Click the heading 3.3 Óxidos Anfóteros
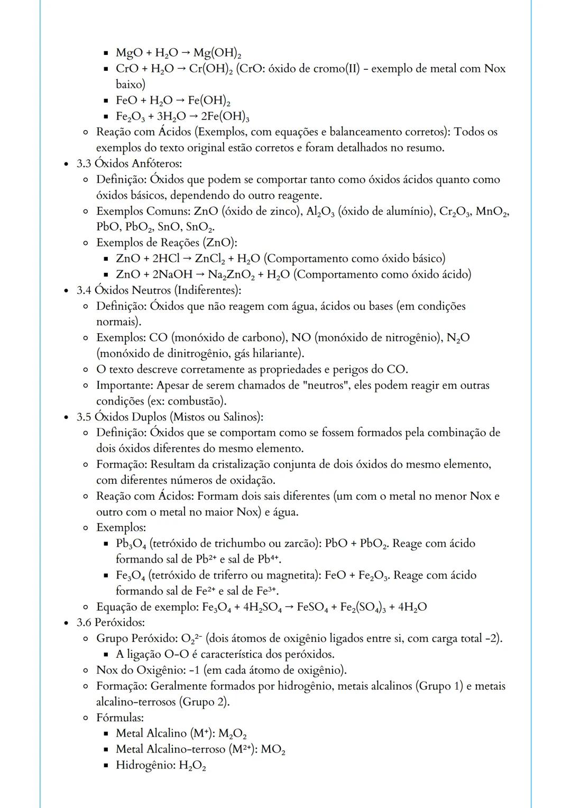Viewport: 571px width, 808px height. point(129,163)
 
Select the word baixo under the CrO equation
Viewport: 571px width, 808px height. point(130,84)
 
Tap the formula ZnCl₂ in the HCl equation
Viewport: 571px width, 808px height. point(210,259)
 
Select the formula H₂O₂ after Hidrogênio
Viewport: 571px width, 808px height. point(192,766)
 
